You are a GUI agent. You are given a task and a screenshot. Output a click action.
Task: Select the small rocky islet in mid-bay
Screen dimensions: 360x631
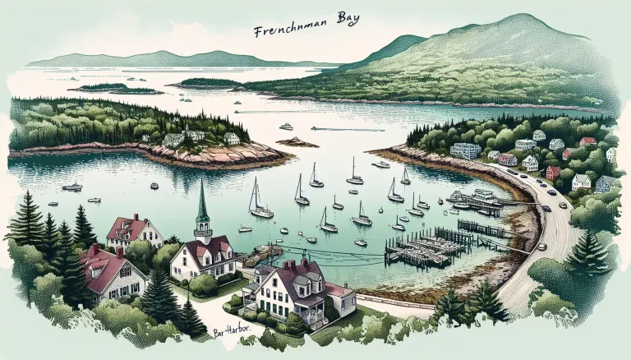click(x=297, y=142)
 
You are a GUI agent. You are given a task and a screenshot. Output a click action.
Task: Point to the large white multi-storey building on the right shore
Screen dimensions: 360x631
click(x=465, y=150)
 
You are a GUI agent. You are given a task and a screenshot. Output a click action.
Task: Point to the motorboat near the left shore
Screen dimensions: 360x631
click(x=72, y=187)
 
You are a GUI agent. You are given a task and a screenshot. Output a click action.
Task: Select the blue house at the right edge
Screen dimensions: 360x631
click(x=605, y=183)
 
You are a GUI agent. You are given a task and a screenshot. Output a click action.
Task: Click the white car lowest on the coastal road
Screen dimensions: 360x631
click(x=541, y=246)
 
